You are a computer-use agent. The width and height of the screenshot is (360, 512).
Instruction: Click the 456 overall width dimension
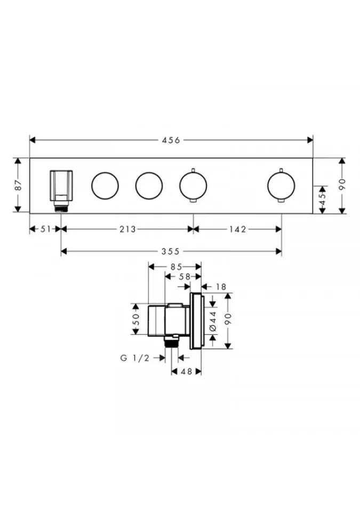(171, 140)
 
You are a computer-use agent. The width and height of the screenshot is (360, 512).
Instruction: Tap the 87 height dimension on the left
(18, 185)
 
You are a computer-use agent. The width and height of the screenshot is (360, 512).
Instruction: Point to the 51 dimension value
(46, 229)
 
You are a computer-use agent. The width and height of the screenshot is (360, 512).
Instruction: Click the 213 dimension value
(127, 229)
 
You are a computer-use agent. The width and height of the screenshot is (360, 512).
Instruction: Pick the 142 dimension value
(237, 229)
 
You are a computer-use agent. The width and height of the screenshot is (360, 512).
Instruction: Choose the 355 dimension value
(171, 251)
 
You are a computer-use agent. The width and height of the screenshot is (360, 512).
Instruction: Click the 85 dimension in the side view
(176, 267)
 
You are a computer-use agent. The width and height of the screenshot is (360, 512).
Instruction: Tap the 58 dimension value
(185, 277)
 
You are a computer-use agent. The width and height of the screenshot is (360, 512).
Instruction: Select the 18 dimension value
(221, 287)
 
